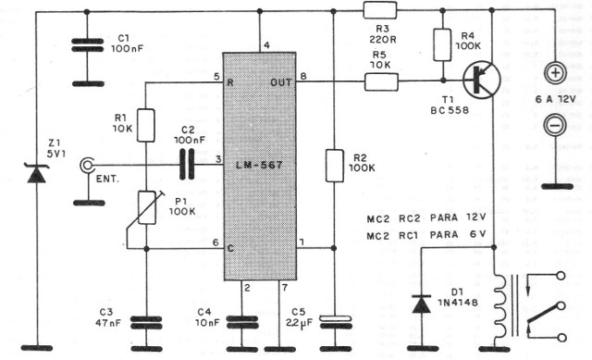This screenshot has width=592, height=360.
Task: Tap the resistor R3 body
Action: click(x=379, y=11)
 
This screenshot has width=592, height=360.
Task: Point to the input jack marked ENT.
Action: click(x=87, y=165)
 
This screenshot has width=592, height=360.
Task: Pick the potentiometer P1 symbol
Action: click(x=146, y=207)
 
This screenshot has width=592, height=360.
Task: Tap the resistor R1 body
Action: click(x=146, y=124)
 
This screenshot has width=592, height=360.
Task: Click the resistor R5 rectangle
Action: click(x=379, y=82)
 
